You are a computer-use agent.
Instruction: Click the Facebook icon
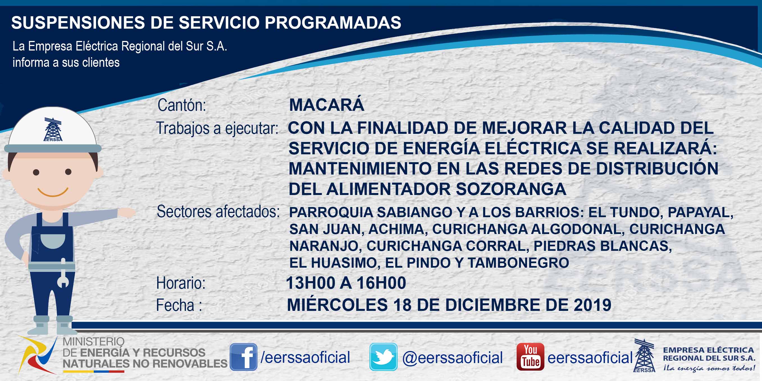243,357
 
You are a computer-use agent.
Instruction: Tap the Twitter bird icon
383,357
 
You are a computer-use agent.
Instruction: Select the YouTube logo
530,357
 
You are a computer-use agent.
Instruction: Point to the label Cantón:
182,105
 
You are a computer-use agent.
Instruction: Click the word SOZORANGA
511,189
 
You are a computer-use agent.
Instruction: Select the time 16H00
381,283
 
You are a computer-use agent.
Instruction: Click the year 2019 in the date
592,305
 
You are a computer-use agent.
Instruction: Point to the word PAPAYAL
700,212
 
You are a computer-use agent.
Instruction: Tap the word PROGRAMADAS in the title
333,22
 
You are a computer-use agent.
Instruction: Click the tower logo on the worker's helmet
53,129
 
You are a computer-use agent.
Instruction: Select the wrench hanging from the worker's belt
63,272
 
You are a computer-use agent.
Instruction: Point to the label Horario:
181,283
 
